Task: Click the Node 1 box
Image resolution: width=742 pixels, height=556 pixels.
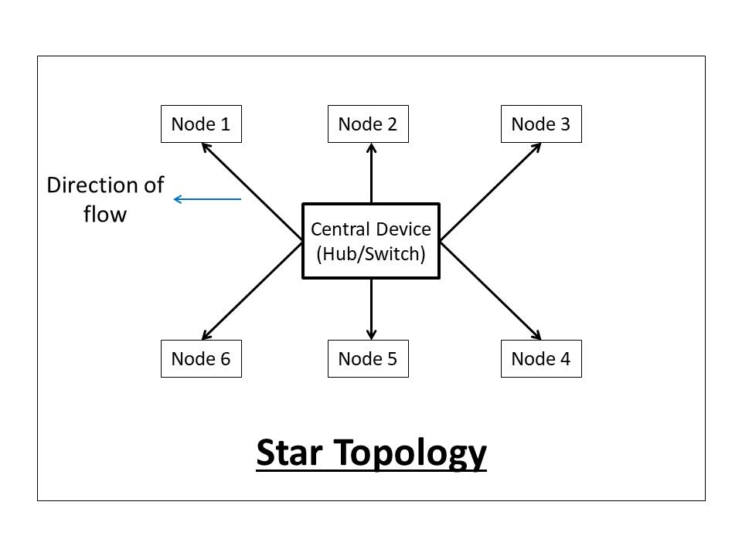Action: (201, 124)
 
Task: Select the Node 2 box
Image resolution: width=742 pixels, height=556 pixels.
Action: (368, 124)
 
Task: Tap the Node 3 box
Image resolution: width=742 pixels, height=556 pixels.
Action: (541, 124)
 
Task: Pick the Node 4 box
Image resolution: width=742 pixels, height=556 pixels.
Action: (541, 359)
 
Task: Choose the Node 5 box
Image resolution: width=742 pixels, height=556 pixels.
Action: (368, 359)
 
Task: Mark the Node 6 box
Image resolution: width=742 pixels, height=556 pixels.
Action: (201, 359)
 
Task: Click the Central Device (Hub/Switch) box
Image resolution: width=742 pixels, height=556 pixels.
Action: (370, 241)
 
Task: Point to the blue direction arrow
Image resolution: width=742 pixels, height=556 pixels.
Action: (207, 199)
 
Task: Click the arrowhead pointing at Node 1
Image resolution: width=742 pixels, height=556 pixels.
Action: (206, 147)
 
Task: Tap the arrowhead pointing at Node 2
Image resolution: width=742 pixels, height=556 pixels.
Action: (371, 148)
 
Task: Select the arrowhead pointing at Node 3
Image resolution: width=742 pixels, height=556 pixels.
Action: (536, 147)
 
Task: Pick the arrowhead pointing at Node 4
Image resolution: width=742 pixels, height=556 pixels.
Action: (536, 335)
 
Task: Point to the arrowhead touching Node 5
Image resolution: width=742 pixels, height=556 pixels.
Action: (371, 334)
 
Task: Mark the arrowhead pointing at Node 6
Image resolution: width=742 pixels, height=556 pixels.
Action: (206, 335)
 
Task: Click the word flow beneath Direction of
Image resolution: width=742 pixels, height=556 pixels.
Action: (104, 214)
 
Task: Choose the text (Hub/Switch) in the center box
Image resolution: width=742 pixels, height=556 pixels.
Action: (370, 253)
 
